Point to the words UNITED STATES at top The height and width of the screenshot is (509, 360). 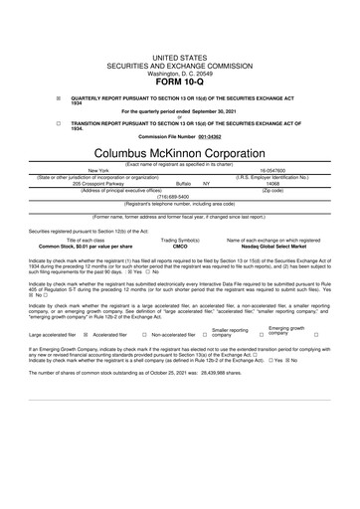[x=179, y=32]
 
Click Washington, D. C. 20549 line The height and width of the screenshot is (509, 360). [x=179, y=46]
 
